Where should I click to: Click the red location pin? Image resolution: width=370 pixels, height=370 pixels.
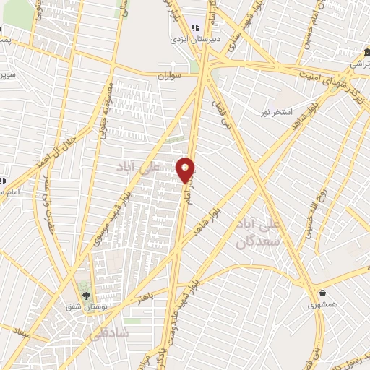[186, 170]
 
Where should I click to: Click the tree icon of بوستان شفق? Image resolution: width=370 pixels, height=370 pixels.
[86, 295]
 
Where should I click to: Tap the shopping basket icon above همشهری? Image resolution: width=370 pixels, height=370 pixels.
[322, 293]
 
